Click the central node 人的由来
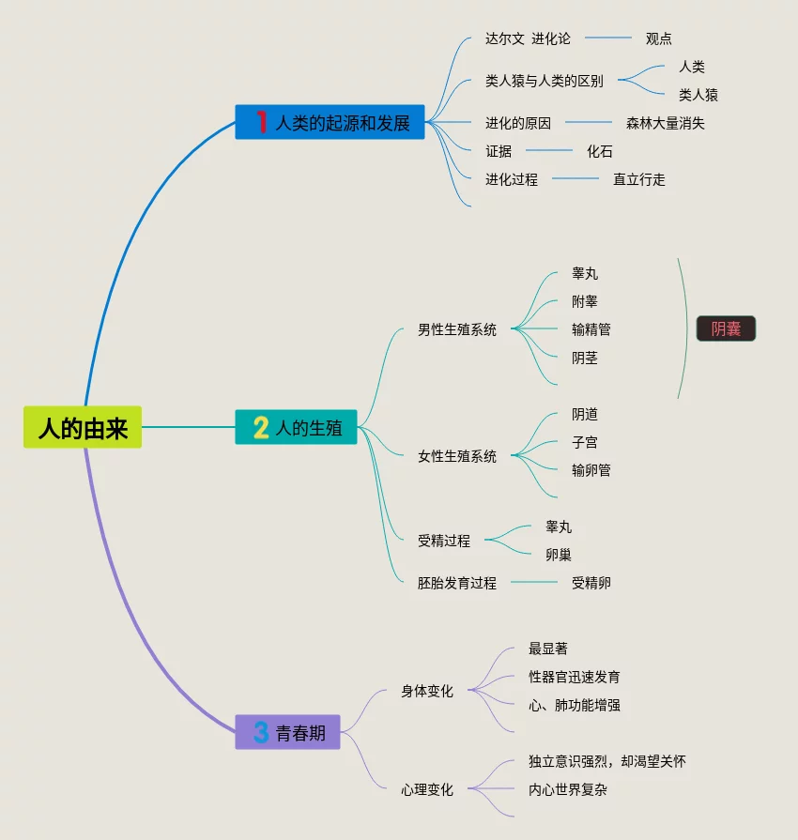coord(83,428)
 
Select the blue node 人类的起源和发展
coord(330,122)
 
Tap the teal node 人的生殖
coord(296,428)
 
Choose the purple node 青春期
coord(287,732)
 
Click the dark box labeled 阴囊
coord(726,328)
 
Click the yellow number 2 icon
coord(261,428)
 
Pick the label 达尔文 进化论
coord(528,38)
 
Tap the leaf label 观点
coord(659,38)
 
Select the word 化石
coord(600,151)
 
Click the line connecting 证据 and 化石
coord(549,150)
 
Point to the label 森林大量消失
coord(666,123)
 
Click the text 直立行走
coord(639,179)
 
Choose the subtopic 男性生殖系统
coord(457,329)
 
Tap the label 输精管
coord(591,329)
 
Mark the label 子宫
coord(585,442)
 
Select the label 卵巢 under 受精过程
coord(559,555)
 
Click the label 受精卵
coord(591,583)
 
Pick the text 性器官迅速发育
coord(575,677)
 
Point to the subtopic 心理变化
coord(427,789)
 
